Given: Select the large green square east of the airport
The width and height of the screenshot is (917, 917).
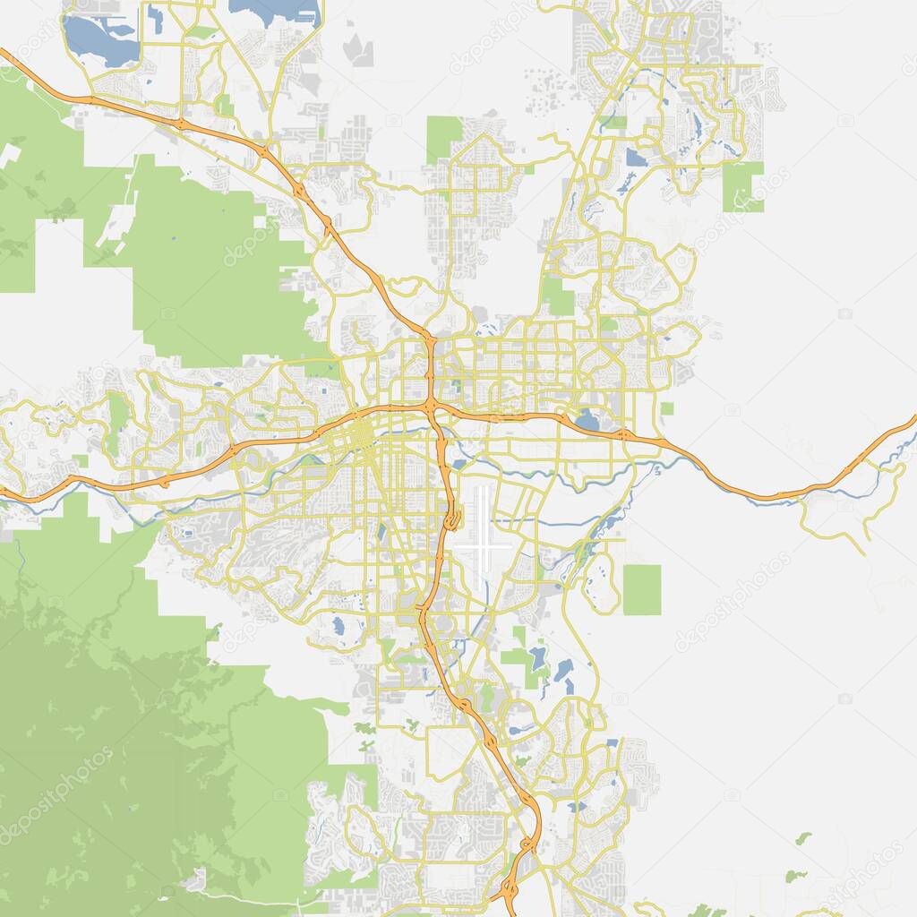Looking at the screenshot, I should (641, 589).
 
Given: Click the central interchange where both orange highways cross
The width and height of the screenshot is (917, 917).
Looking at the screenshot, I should (432, 405).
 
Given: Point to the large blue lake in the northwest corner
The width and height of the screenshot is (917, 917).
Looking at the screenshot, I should (99, 40).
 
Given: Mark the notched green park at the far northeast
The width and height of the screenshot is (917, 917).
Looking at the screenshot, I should (743, 186).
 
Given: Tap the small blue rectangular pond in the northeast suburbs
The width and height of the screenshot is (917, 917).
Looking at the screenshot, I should (636, 159).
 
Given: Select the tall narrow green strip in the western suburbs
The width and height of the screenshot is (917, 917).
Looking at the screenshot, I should (117, 421).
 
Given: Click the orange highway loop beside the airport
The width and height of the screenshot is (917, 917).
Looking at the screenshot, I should (452, 517).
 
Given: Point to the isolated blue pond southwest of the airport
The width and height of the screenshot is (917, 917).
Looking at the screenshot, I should (339, 624).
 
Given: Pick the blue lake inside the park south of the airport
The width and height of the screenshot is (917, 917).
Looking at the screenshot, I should (537, 659).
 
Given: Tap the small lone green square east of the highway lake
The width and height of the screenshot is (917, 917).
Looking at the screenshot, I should (667, 408).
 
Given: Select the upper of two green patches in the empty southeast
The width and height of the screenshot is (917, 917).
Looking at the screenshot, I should (803, 838).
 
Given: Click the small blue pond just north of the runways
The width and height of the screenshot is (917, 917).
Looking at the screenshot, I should (460, 464).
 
